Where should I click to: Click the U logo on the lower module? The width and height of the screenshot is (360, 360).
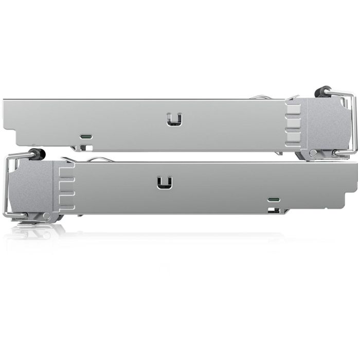[x=165, y=183]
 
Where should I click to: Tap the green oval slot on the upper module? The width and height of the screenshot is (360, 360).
[x=86, y=137]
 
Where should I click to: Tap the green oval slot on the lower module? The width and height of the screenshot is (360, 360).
[x=273, y=199]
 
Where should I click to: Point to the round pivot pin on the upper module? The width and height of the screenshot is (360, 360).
[x=313, y=153]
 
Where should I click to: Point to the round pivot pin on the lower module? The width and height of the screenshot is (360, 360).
[x=47, y=216]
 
